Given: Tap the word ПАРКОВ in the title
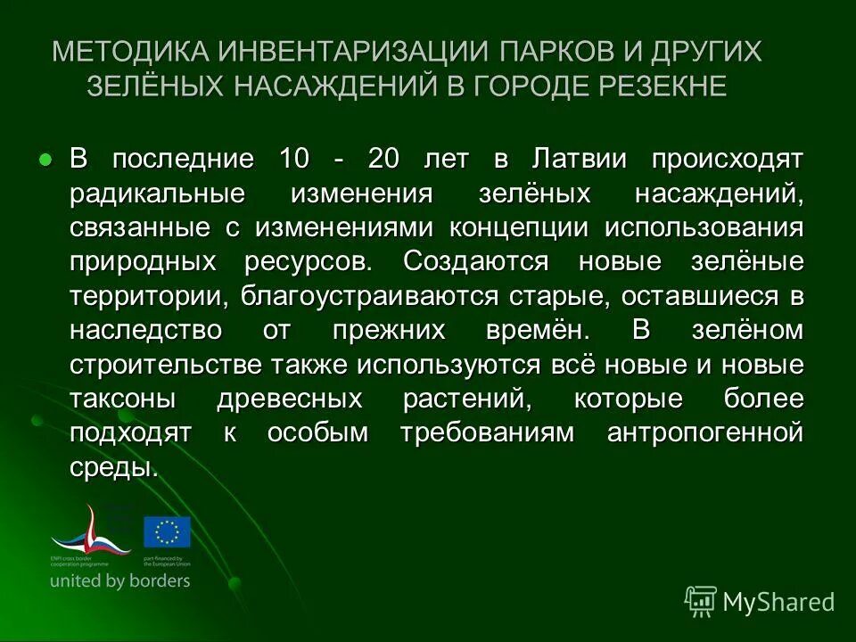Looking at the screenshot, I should coord(556,51).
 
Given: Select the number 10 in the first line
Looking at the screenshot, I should coord(295,160).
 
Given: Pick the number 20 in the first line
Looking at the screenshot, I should coord(384,160).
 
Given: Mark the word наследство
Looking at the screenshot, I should coord(145,330).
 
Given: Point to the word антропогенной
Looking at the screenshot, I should coord(704,432).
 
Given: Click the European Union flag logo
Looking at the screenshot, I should coord(167,531).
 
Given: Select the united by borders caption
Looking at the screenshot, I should coord(120,580).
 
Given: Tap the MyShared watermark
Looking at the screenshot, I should coord(760,601).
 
